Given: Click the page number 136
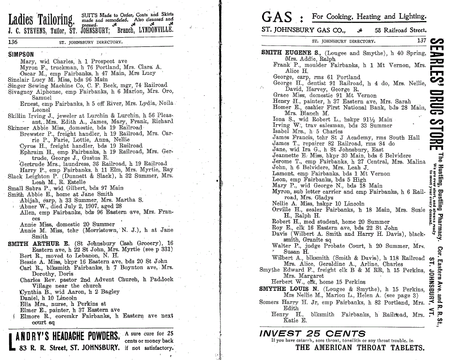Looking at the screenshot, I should click(x=13, y=42).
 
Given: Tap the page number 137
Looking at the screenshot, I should click(x=422, y=41).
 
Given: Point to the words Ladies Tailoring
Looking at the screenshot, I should click(x=41, y=19).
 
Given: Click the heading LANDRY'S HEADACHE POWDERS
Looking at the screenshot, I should click(x=64, y=336).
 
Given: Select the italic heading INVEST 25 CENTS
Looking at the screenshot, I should click(x=312, y=333).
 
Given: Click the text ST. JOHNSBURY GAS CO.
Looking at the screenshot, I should click(x=303, y=30).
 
